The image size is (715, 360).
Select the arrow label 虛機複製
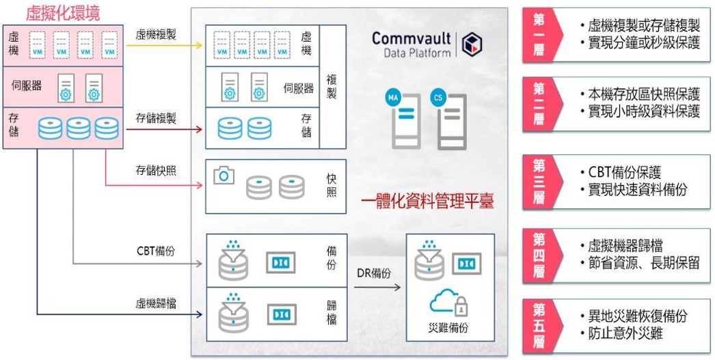pos(156,34)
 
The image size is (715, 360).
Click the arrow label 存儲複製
pos(156,119)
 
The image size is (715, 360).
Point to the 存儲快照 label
pos(156,170)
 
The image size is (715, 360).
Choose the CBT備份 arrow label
pos(156,251)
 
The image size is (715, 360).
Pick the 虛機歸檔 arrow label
pos(156,303)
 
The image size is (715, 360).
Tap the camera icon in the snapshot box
pos(224,176)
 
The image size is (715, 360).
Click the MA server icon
pos(404,120)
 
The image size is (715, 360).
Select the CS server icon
pos(448,120)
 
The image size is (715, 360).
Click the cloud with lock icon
pos(450,303)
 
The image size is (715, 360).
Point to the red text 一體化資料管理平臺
pos(427,202)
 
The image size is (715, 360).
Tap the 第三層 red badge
pos(539,180)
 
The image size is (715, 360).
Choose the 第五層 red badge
pos(539,324)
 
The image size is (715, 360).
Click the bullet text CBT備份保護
pos(625,173)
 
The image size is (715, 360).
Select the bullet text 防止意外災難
pos(625,333)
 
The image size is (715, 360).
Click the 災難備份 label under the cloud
pos(450,328)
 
